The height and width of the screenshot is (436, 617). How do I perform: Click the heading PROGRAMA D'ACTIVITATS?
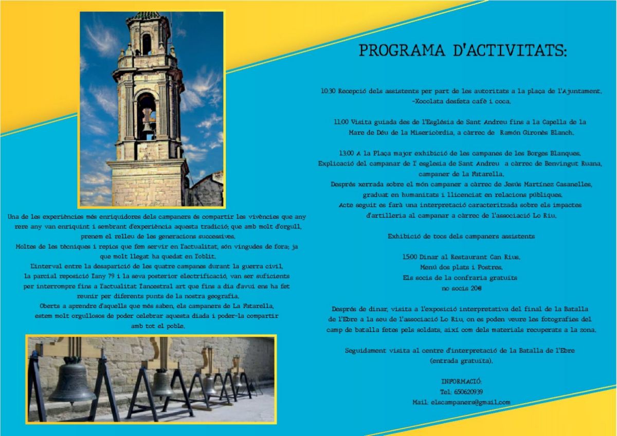463,51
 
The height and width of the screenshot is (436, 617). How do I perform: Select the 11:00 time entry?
341,122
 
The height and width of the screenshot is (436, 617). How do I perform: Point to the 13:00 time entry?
347,153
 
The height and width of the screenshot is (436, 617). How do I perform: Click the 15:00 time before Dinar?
410,257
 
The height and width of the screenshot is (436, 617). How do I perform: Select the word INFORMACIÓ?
461,382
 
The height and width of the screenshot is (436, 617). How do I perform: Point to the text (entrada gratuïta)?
461,361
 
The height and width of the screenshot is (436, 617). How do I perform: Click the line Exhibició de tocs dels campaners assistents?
461,237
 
